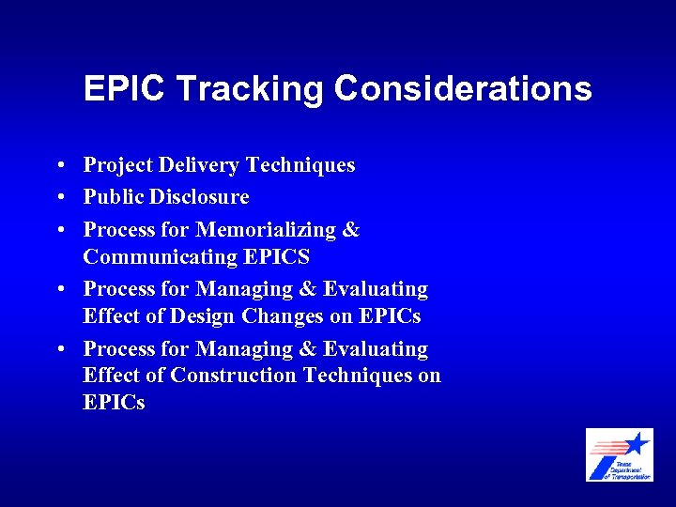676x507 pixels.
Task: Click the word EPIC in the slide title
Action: (124, 89)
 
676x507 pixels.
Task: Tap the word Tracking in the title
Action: (249, 89)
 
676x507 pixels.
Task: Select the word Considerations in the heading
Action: (463, 89)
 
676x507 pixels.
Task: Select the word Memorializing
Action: (266, 229)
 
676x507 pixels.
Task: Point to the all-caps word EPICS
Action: (277, 256)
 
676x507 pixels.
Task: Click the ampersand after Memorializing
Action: (350, 229)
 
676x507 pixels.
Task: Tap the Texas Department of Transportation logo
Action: (619, 455)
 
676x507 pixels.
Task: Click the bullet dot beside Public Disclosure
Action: (59, 198)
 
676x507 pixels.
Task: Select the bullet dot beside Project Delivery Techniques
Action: (59, 167)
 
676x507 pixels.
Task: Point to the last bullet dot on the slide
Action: (59, 349)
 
